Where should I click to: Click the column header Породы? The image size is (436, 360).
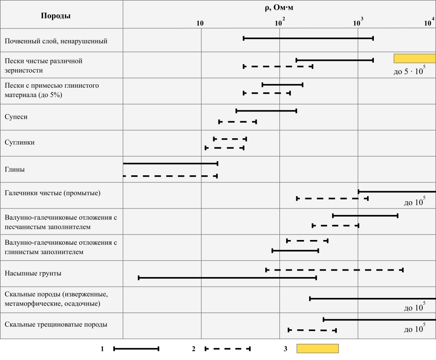coord(56,16)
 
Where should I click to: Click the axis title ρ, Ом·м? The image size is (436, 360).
coord(279,7)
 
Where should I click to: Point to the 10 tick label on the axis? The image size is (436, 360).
coord(200,23)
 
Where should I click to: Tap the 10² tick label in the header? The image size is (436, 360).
coord(279,22)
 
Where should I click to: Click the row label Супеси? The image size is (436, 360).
coord(16,117)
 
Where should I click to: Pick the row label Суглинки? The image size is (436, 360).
coord(20,143)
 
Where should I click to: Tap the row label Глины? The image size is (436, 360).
coord(14,169)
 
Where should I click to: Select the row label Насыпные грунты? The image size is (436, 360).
coord(33,273)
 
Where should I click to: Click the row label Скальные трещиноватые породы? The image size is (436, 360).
coord(56,324)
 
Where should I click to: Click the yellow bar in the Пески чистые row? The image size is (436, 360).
coord(415,58)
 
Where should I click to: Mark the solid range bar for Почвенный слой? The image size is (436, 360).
coord(308,38)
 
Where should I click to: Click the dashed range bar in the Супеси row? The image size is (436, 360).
coord(238,122)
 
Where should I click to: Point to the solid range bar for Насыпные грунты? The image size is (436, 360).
coord(227,278)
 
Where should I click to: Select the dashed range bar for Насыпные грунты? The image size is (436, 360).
coord(334,270)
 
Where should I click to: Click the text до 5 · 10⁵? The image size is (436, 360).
coord(409,71)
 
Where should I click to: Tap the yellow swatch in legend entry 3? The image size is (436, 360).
coord(317,349)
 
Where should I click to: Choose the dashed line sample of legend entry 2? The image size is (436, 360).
coord(227,349)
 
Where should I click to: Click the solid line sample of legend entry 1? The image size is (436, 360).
coord(136,349)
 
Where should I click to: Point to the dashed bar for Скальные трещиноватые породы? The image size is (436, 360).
coord(312,330)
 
